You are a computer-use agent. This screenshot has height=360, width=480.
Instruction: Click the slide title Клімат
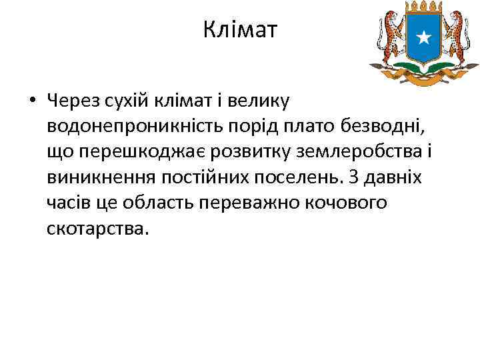(239, 30)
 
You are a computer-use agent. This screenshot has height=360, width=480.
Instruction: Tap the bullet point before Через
(31, 101)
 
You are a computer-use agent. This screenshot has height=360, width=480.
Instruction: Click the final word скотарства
(95, 228)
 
